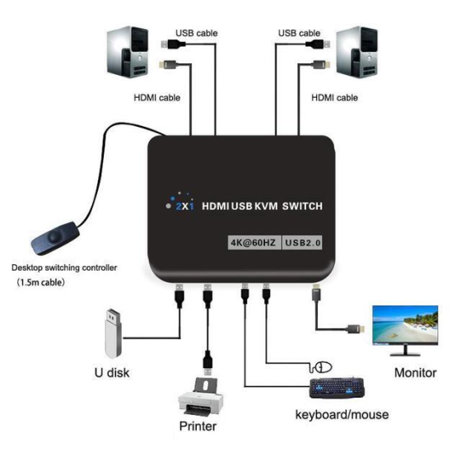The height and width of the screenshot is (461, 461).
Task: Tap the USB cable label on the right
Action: (x=299, y=34)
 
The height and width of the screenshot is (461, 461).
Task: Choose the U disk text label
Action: (x=109, y=373)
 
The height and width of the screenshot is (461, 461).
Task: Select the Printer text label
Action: (x=198, y=426)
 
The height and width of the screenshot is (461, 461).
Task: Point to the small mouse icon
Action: (x=324, y=366)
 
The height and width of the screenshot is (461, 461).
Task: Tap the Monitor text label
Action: (x=415, y=373)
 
